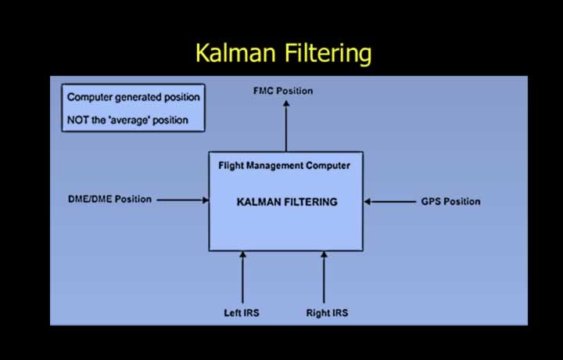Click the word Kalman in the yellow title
pos(235,52)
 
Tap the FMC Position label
pos(283,91)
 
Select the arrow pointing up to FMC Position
pos(286,126)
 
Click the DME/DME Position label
pos(110,200)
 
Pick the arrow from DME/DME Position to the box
pos(183,200)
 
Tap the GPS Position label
pos(450,202)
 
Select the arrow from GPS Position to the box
pos(390,202)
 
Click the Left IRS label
pos(242,313)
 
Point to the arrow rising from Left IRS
pos(242,277)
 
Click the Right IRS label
pos(327,313)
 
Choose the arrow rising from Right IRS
pos(324,277)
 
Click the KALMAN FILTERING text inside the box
pos(287,202)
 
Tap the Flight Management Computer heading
pos(285,166)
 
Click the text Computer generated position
pos(134,97)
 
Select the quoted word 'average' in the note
pos(129,121)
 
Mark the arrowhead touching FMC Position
pos(286,103)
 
